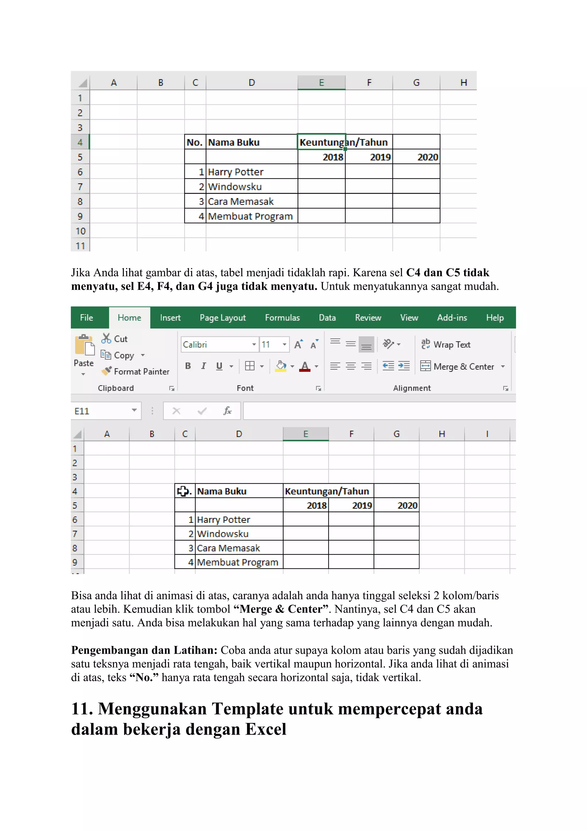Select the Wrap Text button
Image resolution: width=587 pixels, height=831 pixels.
446,345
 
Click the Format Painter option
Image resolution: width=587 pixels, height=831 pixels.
136,371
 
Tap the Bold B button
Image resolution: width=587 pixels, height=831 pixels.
188,366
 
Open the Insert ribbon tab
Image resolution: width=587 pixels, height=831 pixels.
170,318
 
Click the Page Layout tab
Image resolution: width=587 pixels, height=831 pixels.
223,318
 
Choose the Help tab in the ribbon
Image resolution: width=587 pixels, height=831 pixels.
494,318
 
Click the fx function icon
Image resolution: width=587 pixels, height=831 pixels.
227,411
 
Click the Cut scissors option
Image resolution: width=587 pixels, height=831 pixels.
115,339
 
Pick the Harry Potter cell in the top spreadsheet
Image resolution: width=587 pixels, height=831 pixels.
236,172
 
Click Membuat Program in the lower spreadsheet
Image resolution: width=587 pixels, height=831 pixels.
238,562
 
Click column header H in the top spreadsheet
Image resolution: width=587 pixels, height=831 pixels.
463,83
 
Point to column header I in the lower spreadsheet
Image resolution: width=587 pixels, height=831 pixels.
487,434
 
